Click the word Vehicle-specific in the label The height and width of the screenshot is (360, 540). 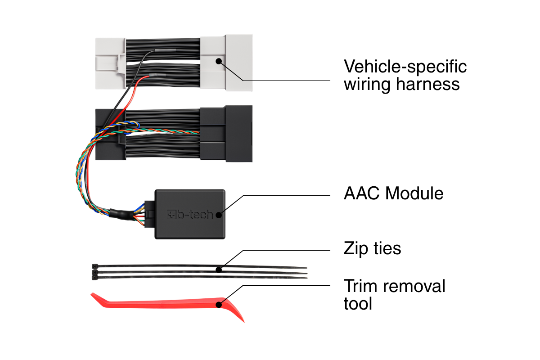point(405,67)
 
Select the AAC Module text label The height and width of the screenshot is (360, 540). point(393,193)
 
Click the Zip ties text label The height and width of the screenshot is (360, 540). point(372,248)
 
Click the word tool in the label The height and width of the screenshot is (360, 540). point(358,304)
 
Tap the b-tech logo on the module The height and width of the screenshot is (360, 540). point(190,214)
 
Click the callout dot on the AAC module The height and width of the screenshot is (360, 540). point(219,215)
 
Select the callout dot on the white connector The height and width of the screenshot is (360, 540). point(219,62)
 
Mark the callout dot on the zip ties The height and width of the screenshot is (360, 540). point(219,270)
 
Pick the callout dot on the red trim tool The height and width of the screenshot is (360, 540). point(219,305)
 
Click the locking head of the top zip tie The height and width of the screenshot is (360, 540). point(95,266)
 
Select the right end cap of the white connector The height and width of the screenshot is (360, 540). point(239,63)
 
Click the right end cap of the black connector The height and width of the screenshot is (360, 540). point(239,133)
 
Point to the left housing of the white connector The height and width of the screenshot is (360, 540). point(110,63)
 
